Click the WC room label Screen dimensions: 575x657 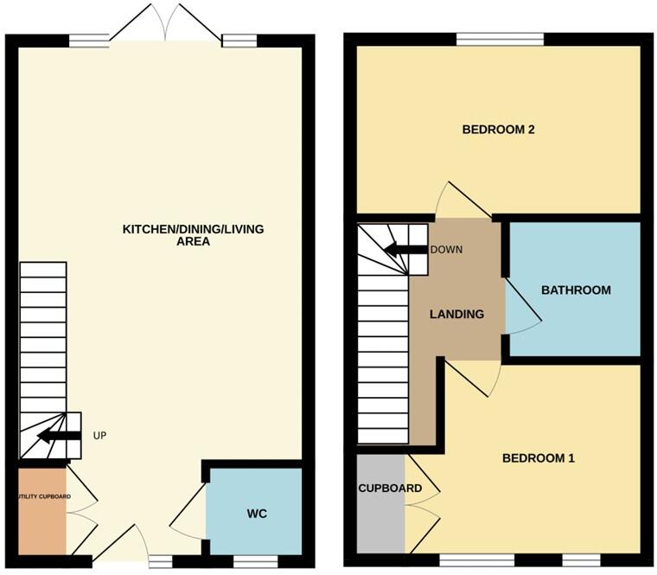257,514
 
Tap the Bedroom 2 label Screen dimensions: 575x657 499,130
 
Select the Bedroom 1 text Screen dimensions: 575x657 539,458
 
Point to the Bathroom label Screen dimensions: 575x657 576,291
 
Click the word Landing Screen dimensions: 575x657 456,314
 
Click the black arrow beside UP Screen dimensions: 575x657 58,435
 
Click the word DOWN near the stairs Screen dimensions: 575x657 446,250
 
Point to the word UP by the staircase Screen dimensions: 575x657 99,435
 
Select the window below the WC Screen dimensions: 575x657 256,561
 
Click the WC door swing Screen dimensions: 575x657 188,520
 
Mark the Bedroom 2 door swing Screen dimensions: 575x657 459,200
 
